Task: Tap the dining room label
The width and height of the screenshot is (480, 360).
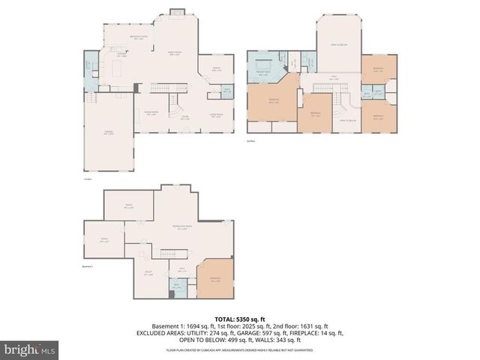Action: click(x=151, y=113)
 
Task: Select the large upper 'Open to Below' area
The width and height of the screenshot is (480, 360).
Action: click(x=339, y=45)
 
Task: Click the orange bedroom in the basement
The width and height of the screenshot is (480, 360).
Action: click(x=215, y=278)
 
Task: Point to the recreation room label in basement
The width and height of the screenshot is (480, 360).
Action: click(x=182, y=226)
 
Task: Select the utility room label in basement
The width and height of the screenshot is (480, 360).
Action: click(x=148, y=273)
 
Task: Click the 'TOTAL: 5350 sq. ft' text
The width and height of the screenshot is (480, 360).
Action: click(x=240, y=318)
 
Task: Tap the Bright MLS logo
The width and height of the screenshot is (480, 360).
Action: click(x=30, y=349)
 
